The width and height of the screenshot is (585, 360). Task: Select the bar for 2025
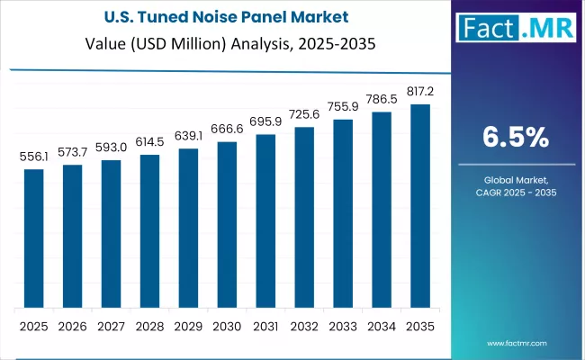click(34, 238)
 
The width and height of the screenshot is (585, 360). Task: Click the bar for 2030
click(227, 224)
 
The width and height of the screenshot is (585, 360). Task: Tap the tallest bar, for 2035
click(419, 206)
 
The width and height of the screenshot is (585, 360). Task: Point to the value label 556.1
click(34, 157)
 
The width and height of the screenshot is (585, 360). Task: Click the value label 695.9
click(265, 121)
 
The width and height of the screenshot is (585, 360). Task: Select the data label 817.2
click(419, 92)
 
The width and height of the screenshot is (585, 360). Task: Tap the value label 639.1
click(188, 136)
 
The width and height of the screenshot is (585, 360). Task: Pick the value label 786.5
click(381, 99)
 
